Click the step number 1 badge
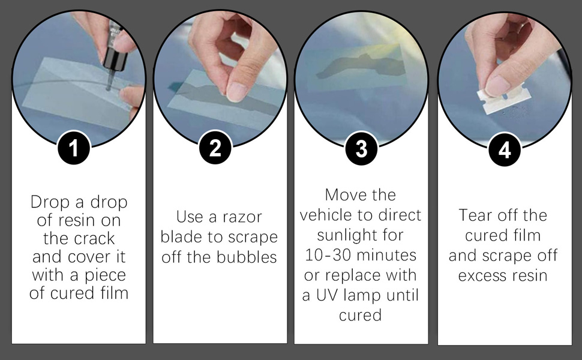[x=74, y=148]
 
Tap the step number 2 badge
[x=215, y=148]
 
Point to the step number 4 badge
[x=505, y=150]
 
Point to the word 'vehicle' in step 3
[x=323, y=215]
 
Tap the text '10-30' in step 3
[x=323, y=255]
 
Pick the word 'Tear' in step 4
[x=475, y=215]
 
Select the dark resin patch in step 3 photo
[x=359, y=67]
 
